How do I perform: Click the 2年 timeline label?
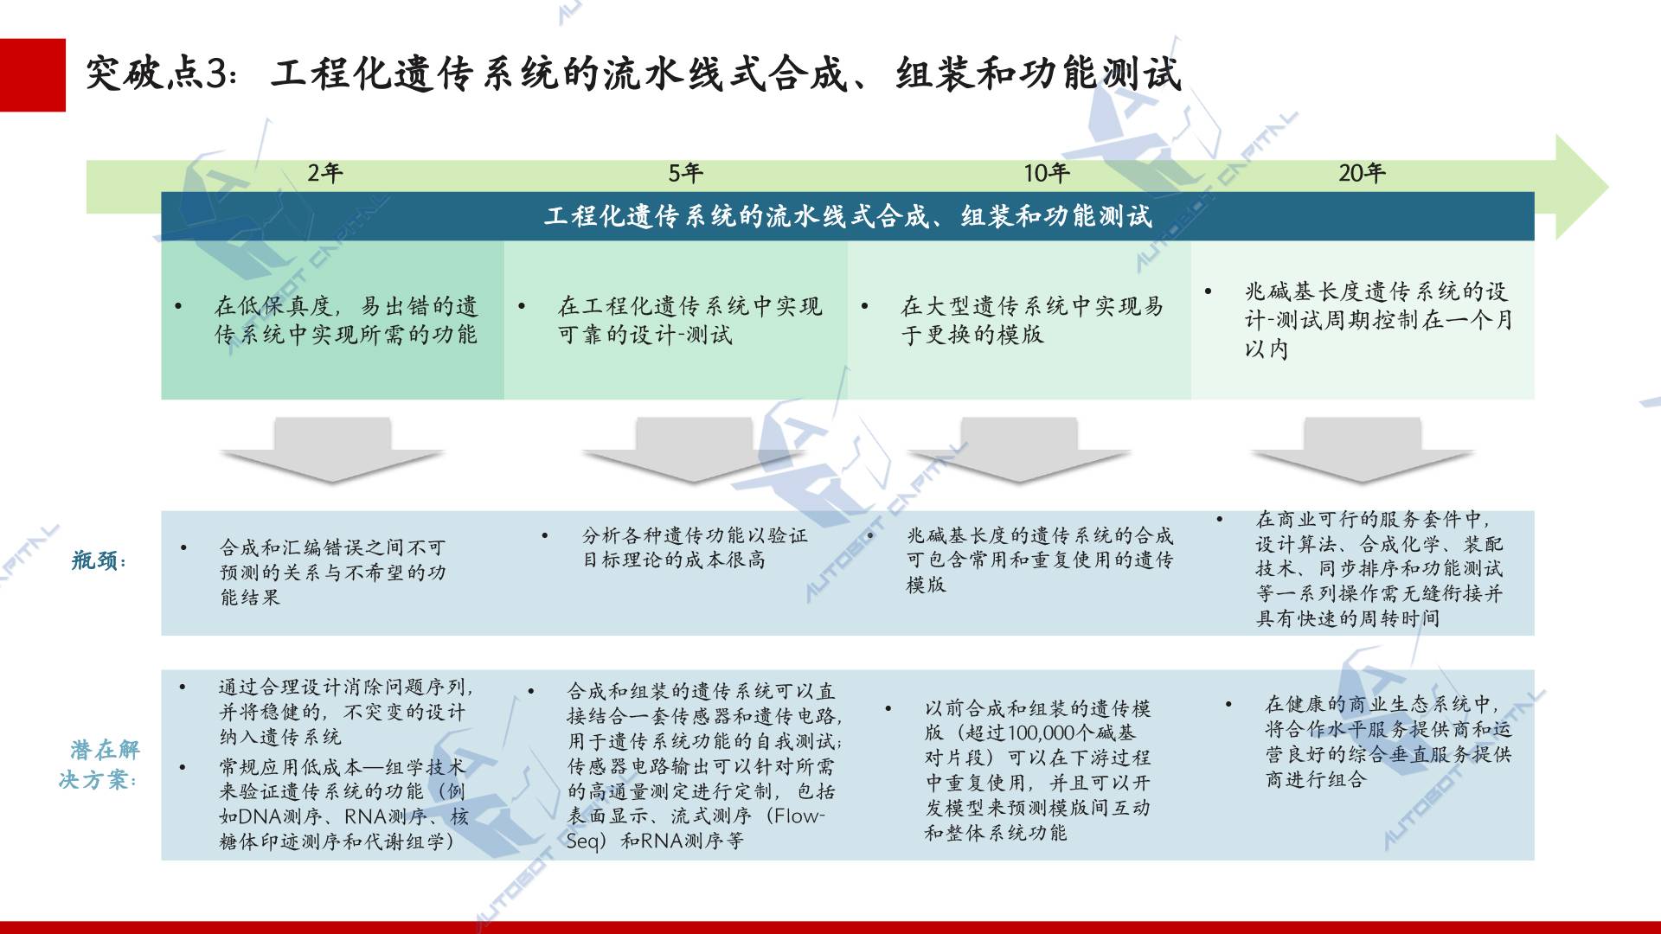325,173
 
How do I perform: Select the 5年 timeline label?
685,173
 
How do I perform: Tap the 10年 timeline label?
1047,173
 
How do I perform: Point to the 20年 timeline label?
1363,173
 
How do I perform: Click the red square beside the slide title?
33,75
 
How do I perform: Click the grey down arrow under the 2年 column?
332,450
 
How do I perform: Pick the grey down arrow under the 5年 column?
694,450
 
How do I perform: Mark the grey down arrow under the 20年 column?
1363,450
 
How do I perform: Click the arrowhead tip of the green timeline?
1608,187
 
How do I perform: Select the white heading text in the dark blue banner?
848,216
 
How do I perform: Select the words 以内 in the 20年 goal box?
1267,349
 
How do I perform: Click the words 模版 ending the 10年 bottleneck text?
927,585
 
